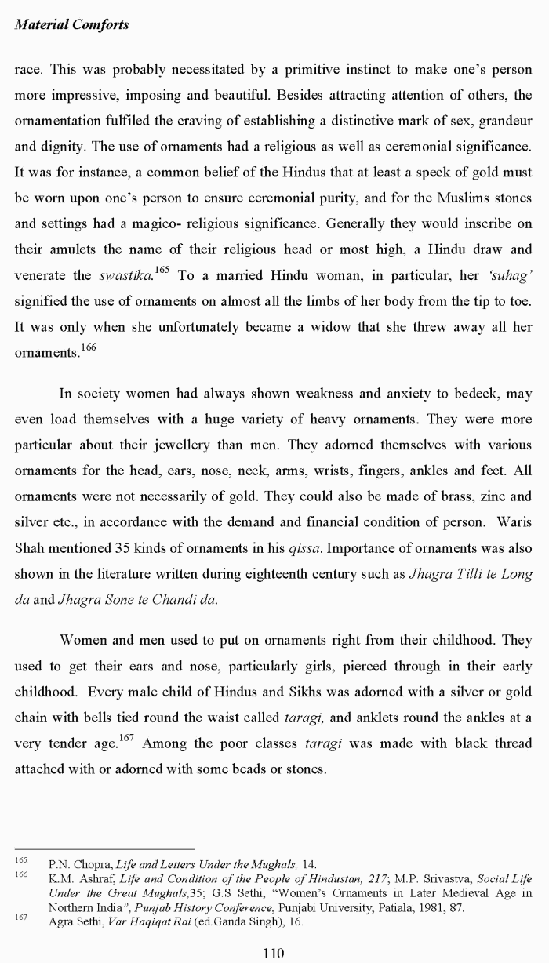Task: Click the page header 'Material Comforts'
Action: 71,25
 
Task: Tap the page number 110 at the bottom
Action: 274,953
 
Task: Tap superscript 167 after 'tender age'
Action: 126,737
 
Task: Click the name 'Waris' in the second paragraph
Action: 514,521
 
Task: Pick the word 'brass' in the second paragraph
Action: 431,496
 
